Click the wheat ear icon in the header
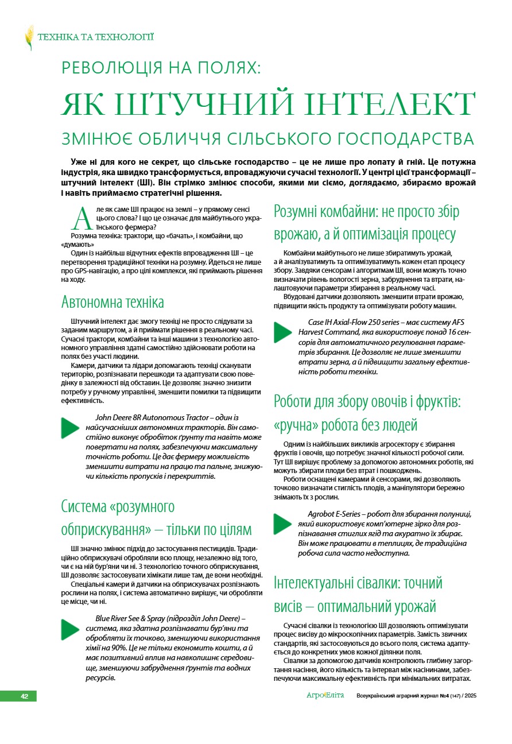29,38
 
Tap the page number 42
25,696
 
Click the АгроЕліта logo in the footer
325,695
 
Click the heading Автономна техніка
113,302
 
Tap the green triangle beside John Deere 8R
70,428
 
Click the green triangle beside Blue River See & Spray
70,629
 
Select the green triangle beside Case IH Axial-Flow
283,332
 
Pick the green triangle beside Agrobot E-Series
283,524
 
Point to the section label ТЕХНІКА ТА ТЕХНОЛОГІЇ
95,38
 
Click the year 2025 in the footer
470,696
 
